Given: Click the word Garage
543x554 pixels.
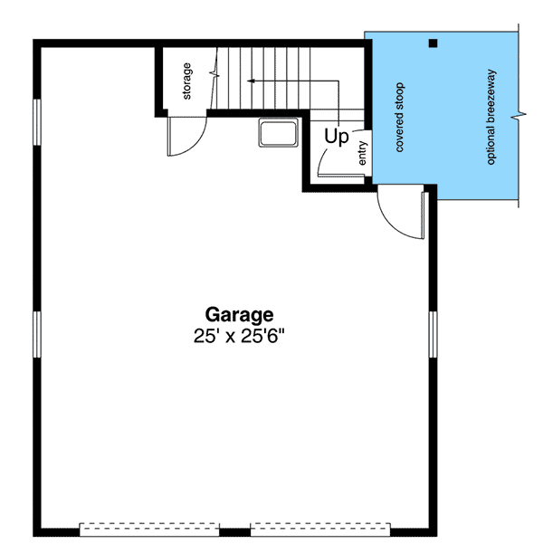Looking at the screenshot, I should pos(239,315).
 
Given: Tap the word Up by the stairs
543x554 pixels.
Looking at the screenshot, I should pos(337,138).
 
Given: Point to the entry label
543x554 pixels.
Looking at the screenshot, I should pos(363,153).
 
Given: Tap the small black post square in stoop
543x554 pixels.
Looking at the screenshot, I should pos(433,43).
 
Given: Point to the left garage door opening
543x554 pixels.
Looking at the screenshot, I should pos(150,528).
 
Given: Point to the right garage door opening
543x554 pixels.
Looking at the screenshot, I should pos(320,528).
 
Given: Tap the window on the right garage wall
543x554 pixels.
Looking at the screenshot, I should pos(433,335).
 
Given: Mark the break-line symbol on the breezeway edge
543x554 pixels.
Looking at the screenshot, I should pos(518,115).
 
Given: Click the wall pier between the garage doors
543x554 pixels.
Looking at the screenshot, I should pos(235,530).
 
